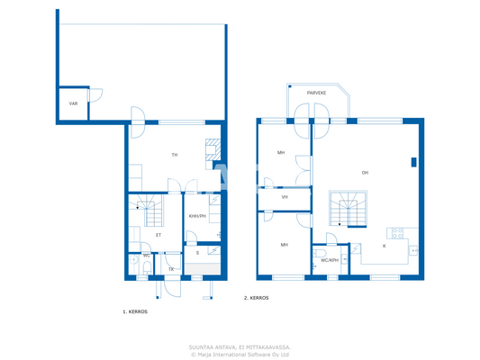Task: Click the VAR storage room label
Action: [x=73, y=103]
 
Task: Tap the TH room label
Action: [x=175, y=155]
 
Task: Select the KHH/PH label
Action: [x=196, y=217]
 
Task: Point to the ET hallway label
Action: [x=158, y=235]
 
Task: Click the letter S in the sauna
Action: [x=197, y=253]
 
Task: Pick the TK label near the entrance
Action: [x=171, y=269]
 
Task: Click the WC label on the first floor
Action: [x=146, y=256]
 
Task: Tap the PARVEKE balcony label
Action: [x=316, y=93]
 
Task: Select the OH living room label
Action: [x=365, y=173]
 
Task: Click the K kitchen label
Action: [x=385, y=245]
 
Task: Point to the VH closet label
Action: [x=284, y=197]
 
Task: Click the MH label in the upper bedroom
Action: [x=281, y=153]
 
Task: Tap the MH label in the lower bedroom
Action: [x=284, y=244]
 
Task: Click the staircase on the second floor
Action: [x=349, y=208]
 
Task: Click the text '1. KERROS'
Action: [x=135, y=310]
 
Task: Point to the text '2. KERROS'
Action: [x=256, y=298]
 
